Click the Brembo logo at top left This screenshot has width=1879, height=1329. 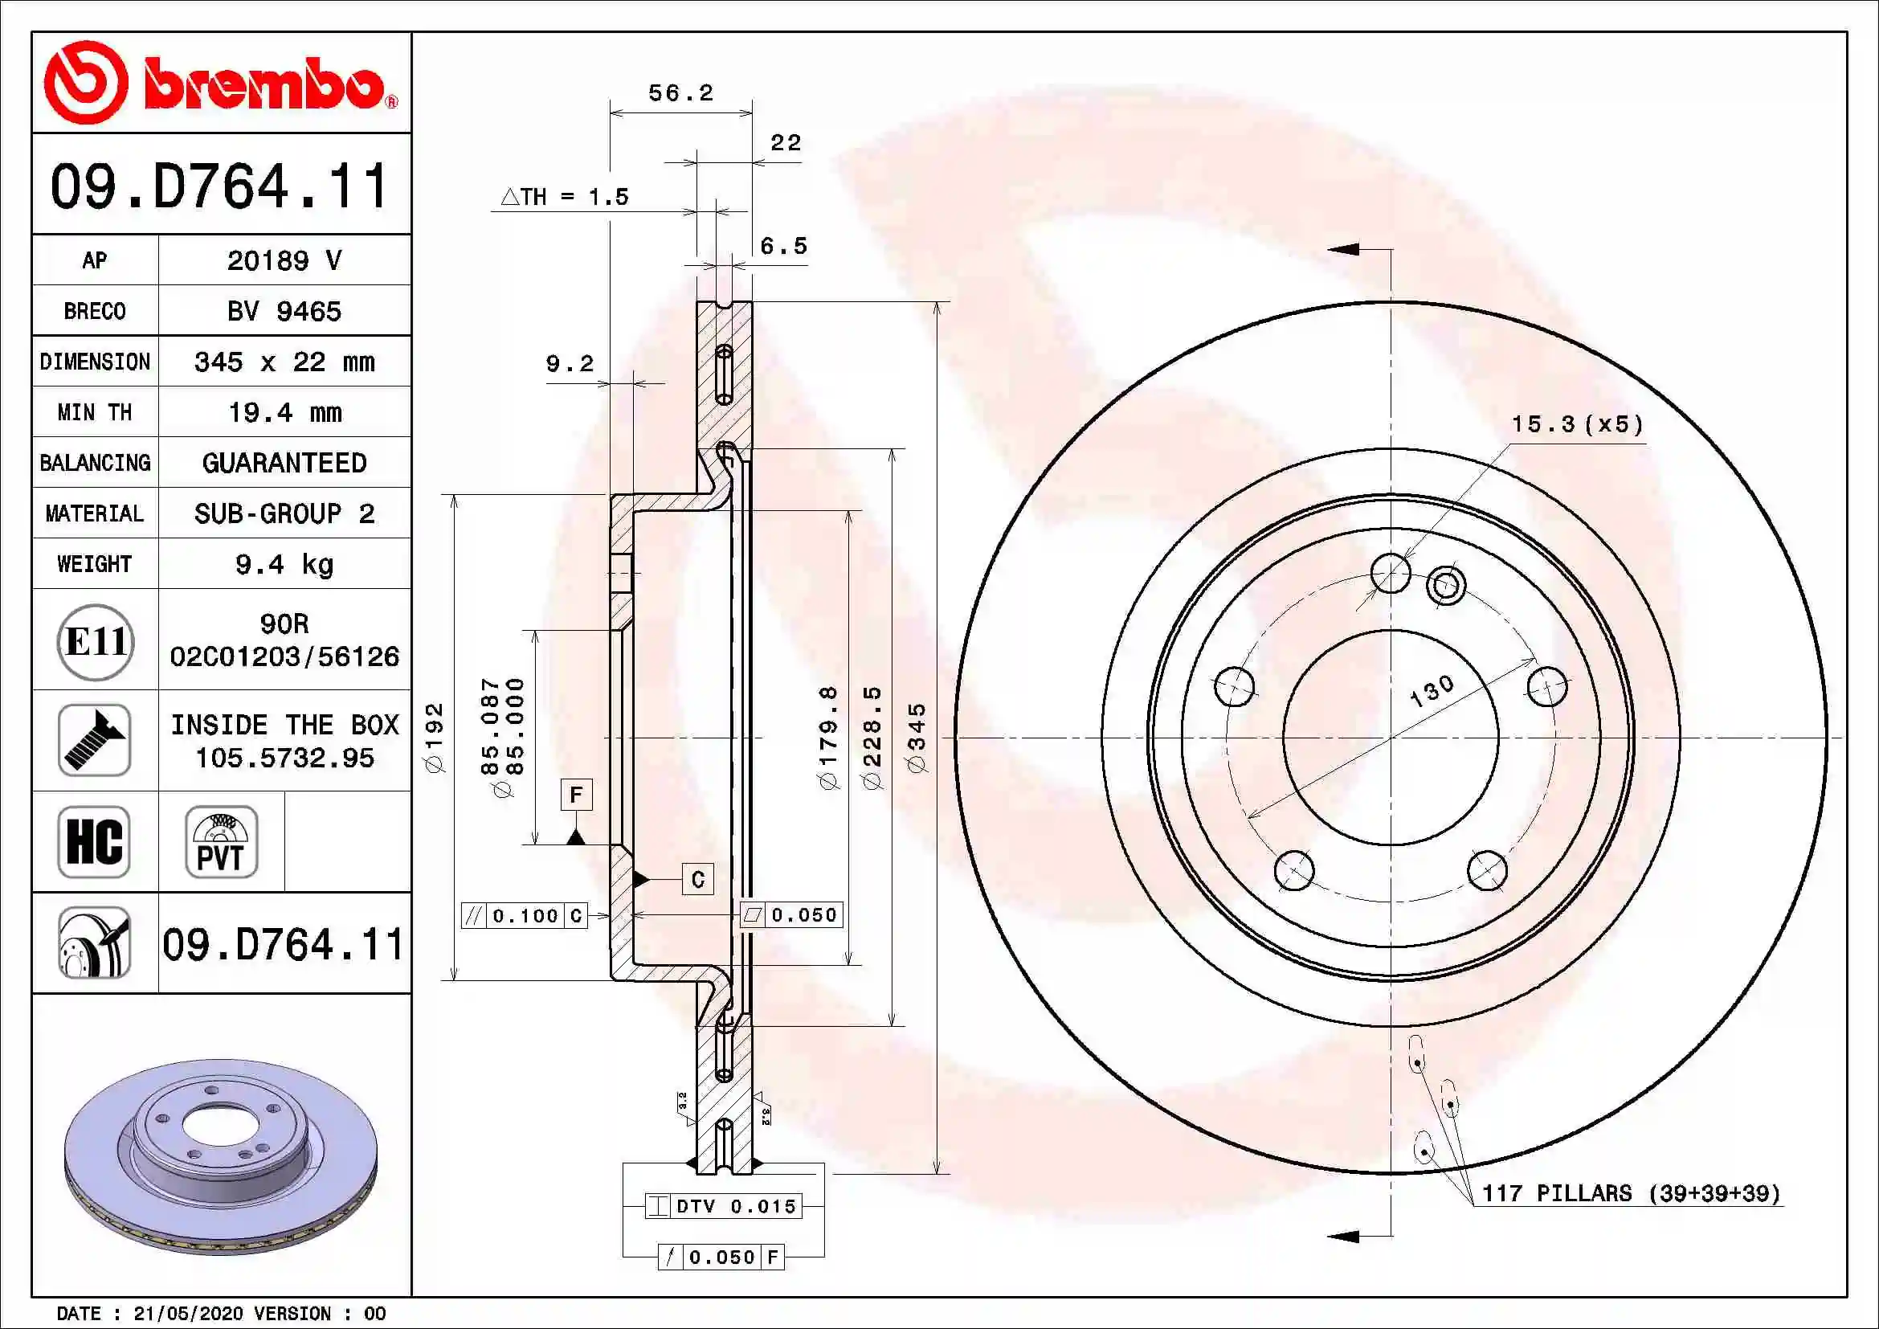pos(221,83)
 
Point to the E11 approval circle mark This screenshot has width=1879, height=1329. pos(95,640)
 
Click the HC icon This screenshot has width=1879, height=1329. pos(94,841)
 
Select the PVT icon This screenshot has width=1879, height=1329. pos(221,841)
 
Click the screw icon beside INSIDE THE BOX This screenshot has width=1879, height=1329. pos(94,740)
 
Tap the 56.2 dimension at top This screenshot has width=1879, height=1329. pos(681,93)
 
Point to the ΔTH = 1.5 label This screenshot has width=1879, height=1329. pos(565,196)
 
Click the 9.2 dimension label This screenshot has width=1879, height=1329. pos(570,363)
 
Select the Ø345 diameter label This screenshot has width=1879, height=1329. pos(917,737)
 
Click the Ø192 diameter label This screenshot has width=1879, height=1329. pos(434,737)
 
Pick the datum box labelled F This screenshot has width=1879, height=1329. pos(576,794)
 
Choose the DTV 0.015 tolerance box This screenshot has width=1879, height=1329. pos(725,1205)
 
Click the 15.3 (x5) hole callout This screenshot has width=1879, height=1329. pos(1576,424)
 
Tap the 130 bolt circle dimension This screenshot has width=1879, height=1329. pos(1432,691)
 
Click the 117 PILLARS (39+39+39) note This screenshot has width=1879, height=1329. pos(1630,1193)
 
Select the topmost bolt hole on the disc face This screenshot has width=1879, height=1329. pos(1390,572)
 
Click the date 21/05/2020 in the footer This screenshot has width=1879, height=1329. pos(187,1314)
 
